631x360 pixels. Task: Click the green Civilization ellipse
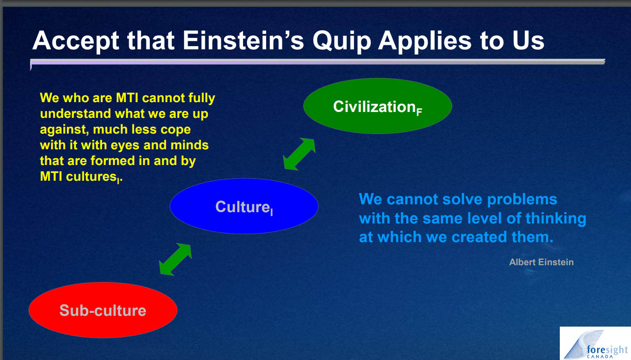click(378, 106)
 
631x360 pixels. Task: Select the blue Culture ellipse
click(244, 206)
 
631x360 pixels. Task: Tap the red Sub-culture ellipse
click(103, 310)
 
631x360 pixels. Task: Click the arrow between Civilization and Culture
click(299, 154)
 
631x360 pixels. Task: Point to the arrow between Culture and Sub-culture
click(175, 259)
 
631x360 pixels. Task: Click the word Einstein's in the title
click(244, 40)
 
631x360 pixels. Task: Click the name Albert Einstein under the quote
click(542, 262)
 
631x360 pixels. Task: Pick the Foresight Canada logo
click(595, 343)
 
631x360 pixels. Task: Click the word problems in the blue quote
click(522, 200)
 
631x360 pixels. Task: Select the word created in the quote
click(479, 237)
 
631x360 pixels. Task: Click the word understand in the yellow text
click(76, 114)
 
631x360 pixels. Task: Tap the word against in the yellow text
click(64, 130)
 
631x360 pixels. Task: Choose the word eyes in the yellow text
click(125, 146)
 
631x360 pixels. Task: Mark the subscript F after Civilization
click(419, 112)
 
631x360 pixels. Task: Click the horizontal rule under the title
click(318, 62)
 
